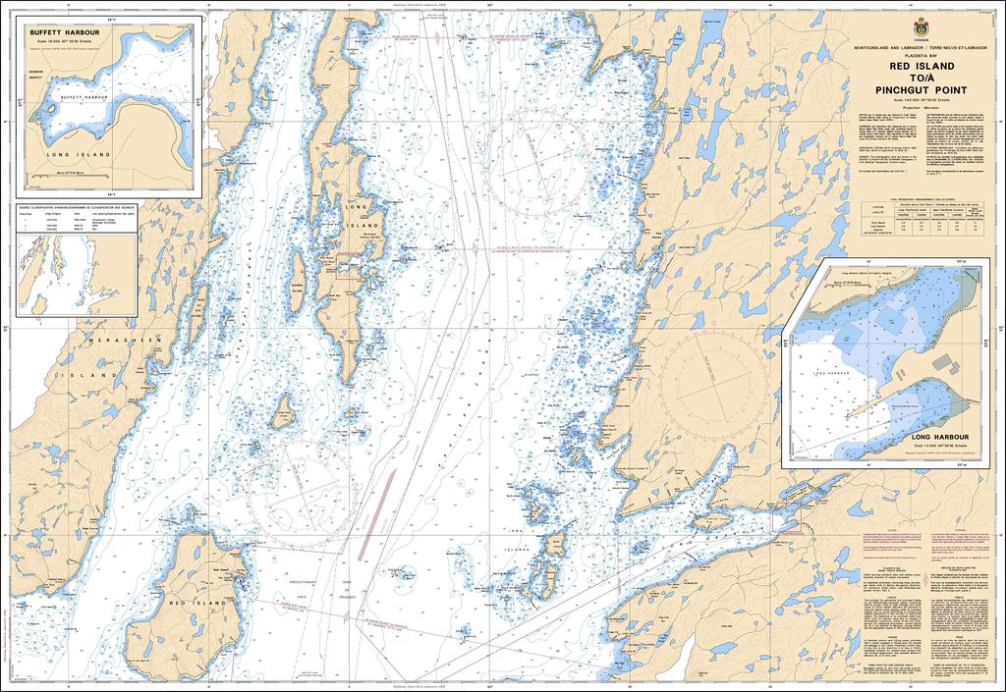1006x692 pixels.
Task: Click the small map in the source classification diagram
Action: click(59, 276)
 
